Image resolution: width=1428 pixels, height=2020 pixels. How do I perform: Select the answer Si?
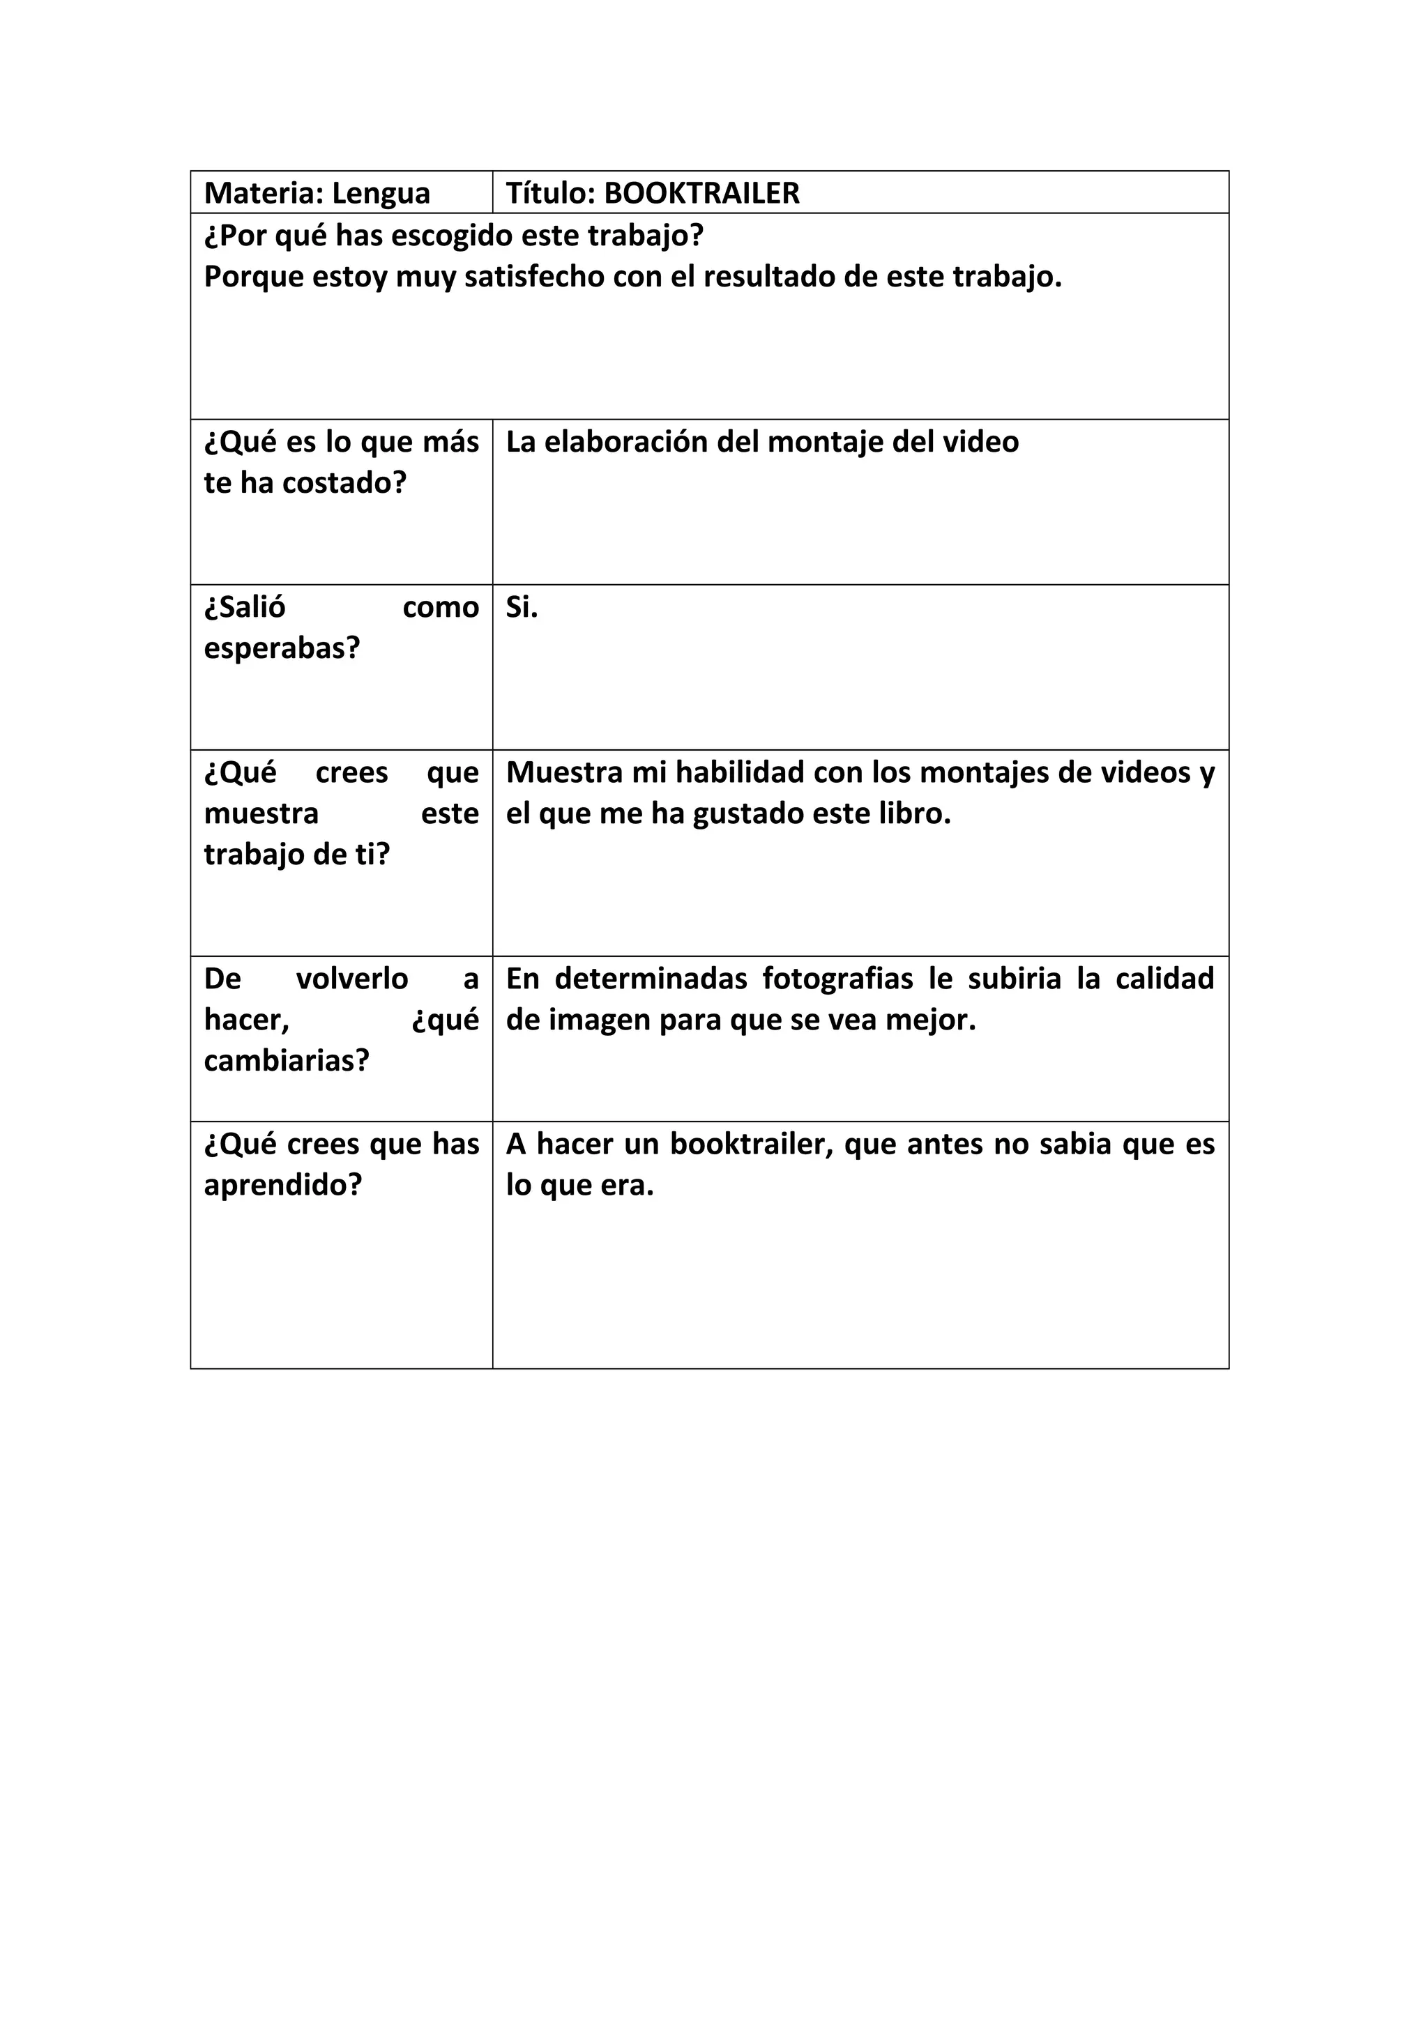(x=522, y=607)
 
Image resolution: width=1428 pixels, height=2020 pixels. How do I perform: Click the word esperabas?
(x=282, y=648)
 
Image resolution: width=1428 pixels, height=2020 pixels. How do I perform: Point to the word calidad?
(x=1164, y=979)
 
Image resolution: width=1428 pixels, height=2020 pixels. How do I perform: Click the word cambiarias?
(x=286, y=1061)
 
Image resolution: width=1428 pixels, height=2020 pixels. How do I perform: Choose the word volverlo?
(x=352, y=979)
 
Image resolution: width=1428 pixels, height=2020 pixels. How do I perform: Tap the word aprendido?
(x=282, y=1185)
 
